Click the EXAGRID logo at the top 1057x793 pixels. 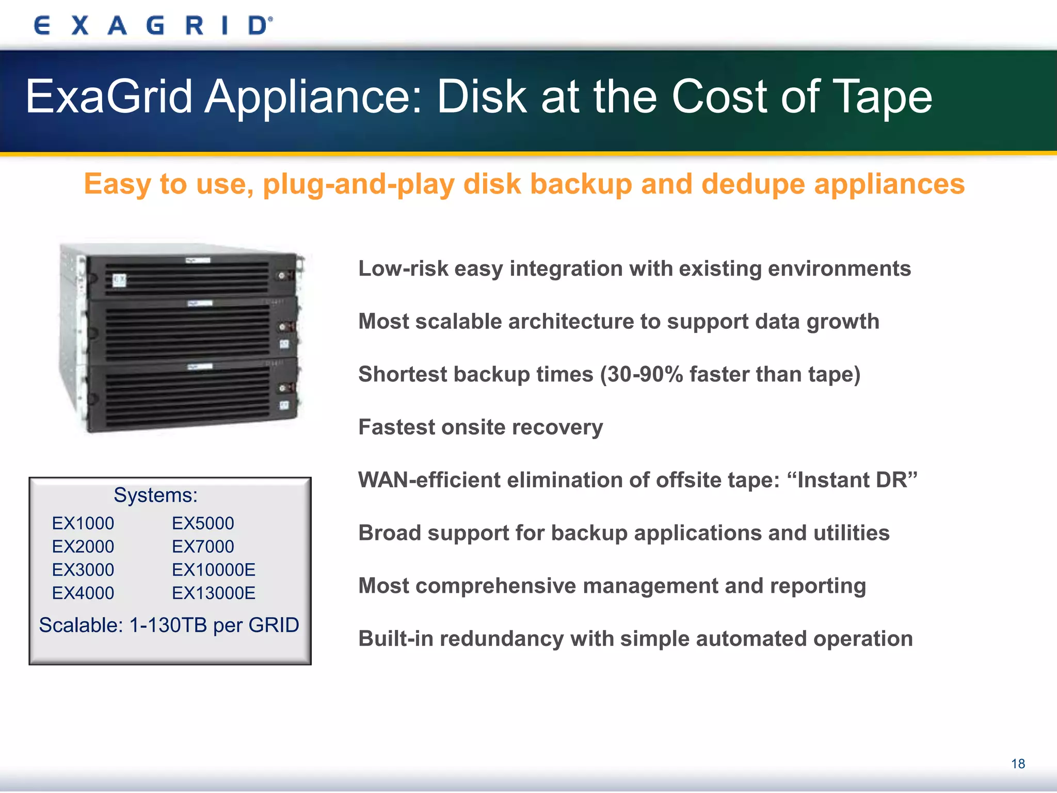coord(153,25)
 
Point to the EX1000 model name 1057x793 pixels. coord(83,524)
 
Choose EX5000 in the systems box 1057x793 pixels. coord(203,524)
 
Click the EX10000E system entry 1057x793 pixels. coord(214,570)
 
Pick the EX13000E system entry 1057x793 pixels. coord(214,593)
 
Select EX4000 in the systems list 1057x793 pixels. coord(83,593)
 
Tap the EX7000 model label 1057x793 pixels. coord(203,547)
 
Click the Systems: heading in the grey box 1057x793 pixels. coord(155,495)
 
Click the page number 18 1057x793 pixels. coord(1018,764)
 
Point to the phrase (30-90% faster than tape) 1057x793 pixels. coord(730,374)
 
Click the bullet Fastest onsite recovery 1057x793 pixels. coord(481,427)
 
